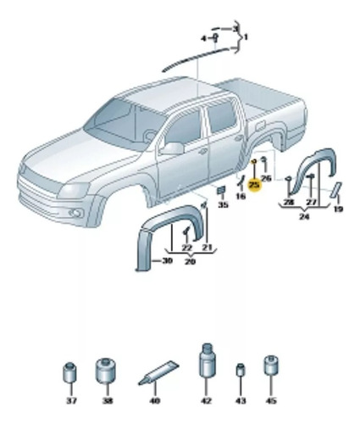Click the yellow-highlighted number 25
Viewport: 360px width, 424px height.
point(254,185)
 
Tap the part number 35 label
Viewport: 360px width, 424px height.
point(223,204)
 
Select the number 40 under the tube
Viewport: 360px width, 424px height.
point(155,400)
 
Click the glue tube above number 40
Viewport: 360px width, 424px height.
point(158,372)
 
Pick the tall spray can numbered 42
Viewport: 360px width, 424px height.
point(208,360)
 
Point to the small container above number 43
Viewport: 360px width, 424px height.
point(241,370)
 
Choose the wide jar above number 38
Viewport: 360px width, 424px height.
point(106,370)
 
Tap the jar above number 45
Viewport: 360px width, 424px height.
point(271,365)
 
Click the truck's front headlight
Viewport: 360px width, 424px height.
point(74,190)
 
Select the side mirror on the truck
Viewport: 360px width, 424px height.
point(173,148)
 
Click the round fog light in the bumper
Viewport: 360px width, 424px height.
point(75,213)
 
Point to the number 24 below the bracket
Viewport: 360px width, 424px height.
point(304,217)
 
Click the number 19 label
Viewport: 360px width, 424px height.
point(338,209)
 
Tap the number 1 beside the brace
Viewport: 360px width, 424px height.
point(246,37)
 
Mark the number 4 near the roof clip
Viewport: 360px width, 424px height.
point(203,38)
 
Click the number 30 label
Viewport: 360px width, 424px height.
point(167,260)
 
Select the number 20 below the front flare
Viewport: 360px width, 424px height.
point(190,261)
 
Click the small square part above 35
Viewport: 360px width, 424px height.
point(221,190)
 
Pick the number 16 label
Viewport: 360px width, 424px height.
point(241,196)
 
